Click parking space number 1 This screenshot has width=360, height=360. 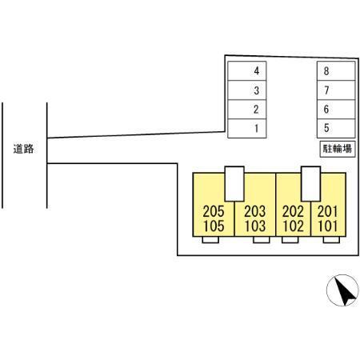point(247,128)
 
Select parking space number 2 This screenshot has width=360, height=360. point(247,110)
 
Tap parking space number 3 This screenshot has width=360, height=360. point(247,90)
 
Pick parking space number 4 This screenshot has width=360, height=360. point(247,71)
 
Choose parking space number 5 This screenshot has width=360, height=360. point(336,128)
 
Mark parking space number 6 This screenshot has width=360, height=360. point(336,110)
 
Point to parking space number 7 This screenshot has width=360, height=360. point(336,90)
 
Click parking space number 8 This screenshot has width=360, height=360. point(336,71)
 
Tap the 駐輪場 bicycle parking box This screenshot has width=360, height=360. point(338,149)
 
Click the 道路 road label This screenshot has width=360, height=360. point(23,149)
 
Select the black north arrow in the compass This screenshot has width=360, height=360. point(345,292)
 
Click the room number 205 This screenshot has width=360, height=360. point(214,211)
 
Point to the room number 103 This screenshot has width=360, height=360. point(255,226)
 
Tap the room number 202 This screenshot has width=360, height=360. point(293,211)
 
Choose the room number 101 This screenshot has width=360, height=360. point(328,226)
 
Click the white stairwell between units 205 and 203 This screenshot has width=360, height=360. point(234,184)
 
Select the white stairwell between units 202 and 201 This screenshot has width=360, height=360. point(310,184)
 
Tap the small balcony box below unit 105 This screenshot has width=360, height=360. point(210,240)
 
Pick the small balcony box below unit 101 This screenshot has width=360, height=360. point(331,240)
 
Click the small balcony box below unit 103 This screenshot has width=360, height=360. point(262,240)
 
